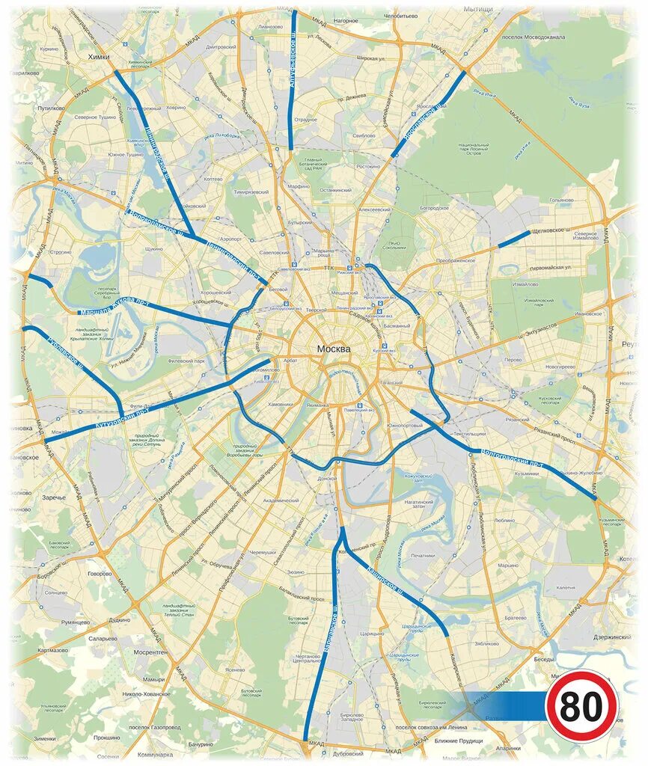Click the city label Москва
click(x=334, y=349)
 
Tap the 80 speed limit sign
click(x=581, y=705)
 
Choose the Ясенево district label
click(x=234, y=670)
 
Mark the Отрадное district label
click(x=305, y=119)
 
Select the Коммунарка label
click(x=156, y=755)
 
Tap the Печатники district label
click(x=423, y=555)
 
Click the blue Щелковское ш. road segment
click(x=514, y=239)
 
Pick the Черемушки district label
click(x=263, y=552)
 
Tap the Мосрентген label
click(x=150, y=652)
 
